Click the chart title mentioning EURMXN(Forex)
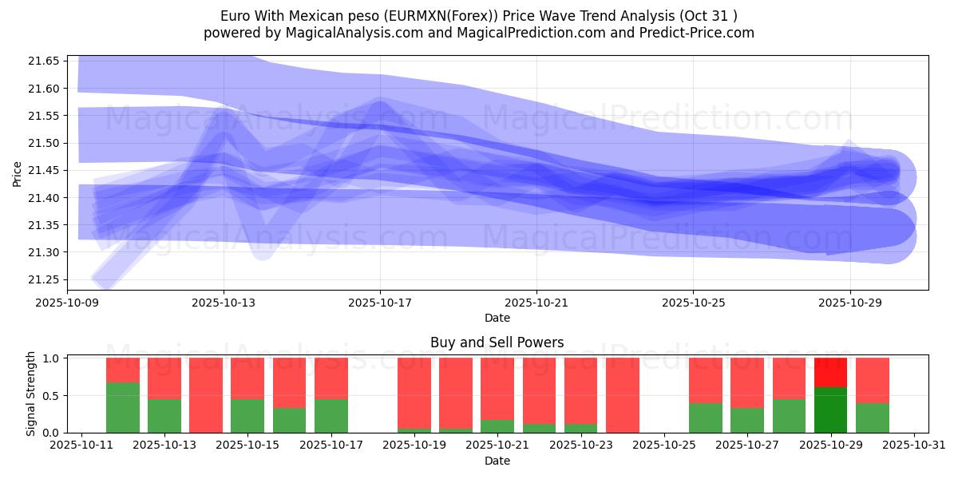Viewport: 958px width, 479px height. point(479,16)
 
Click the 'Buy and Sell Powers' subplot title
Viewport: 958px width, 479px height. point(497,342)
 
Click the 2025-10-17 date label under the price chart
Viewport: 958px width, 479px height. point(380,303)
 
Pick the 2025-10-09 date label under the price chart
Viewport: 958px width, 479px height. point(67,303)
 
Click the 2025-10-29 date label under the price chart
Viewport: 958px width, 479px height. point(849,303)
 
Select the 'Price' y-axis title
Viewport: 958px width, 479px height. point(18,172)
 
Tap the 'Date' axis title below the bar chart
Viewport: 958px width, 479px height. point(497,461)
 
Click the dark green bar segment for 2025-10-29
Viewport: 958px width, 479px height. point(830,410)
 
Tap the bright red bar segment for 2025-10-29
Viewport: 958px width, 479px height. point(830,372)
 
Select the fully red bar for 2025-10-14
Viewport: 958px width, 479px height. point(206,395)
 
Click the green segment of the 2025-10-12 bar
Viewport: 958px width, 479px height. point(123,407)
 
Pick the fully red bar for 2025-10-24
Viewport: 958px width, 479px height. point(623,395)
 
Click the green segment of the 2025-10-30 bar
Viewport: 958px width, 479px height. point(872,418)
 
